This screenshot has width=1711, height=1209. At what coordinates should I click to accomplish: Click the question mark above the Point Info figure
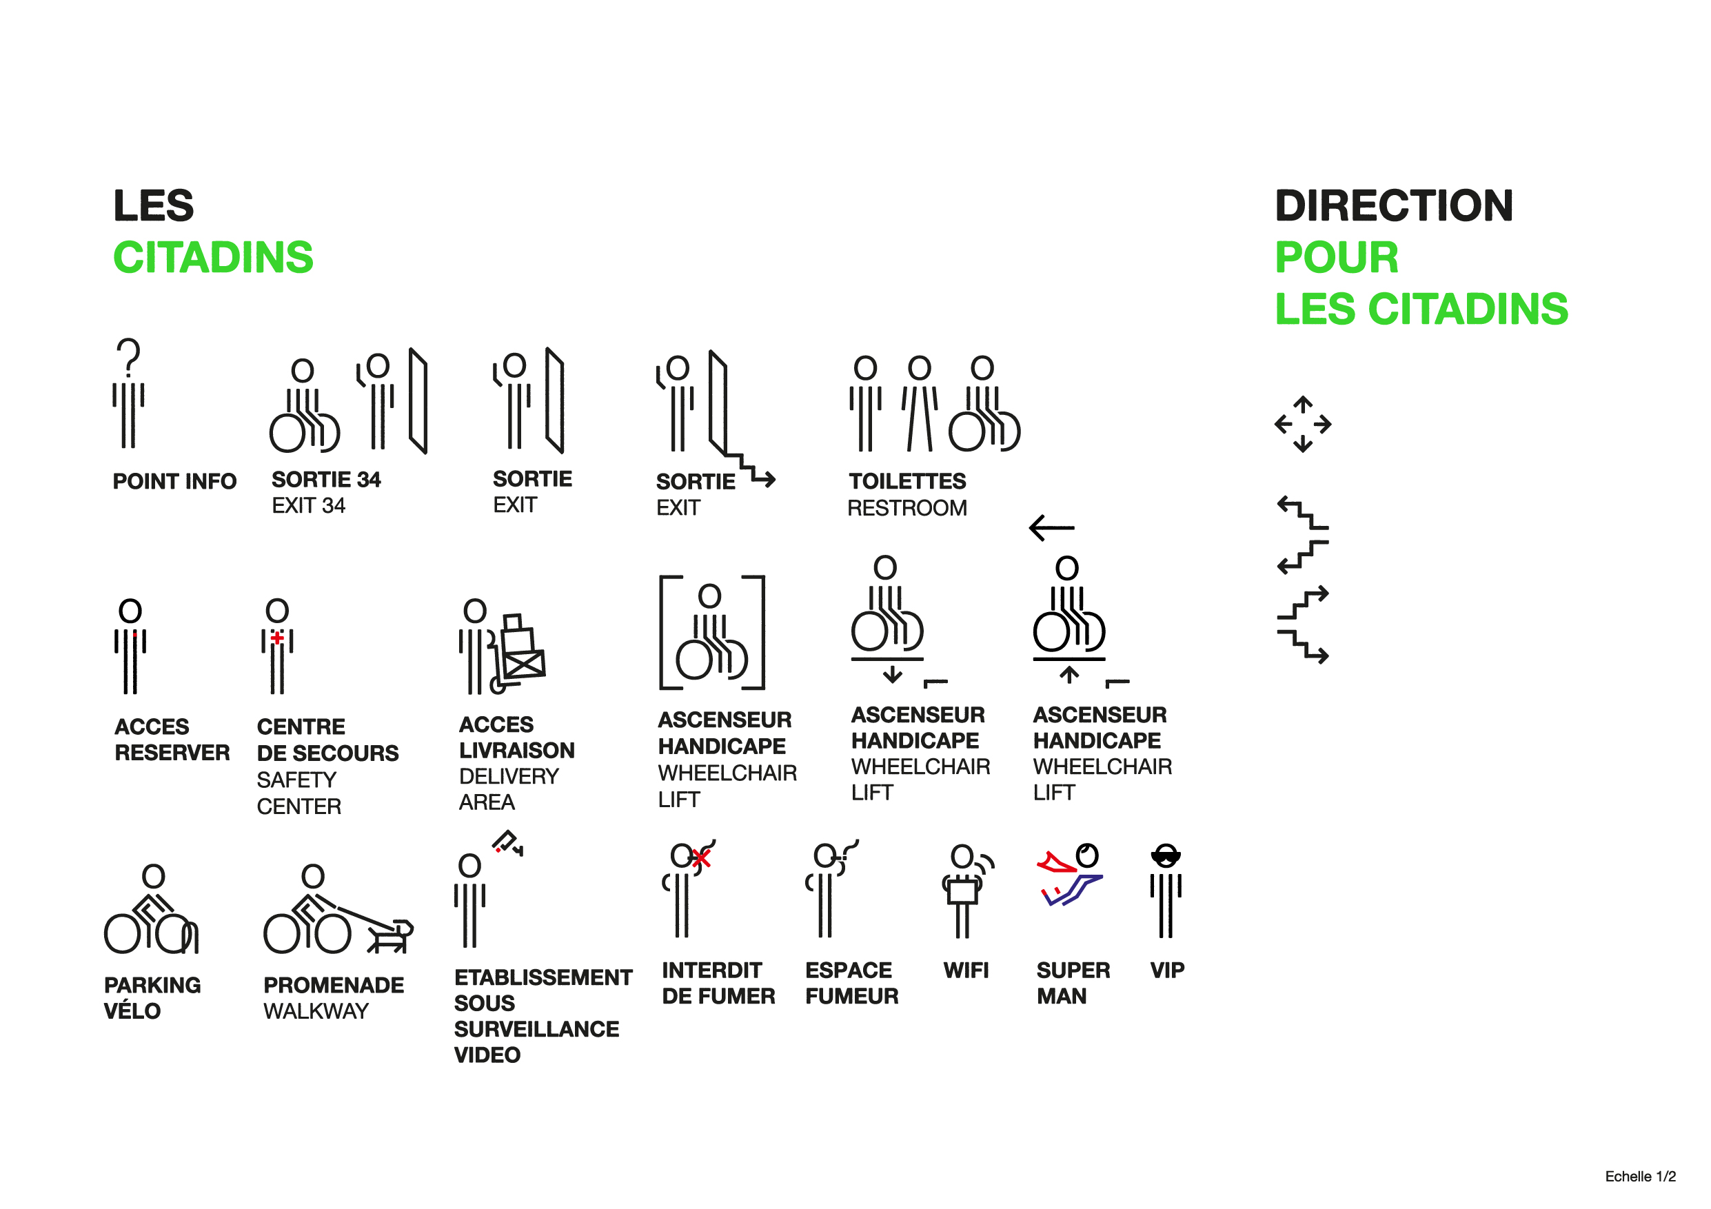tap(129, 357)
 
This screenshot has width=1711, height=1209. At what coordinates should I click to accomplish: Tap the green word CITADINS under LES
tap(213, 258)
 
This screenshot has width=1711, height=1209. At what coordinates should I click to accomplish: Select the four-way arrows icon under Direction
tap(1303, 425)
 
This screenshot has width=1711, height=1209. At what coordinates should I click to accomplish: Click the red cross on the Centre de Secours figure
tap(277, 638)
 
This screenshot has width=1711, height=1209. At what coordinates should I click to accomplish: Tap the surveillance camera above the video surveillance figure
tap(507, 843)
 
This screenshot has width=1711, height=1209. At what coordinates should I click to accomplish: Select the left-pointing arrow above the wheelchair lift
tap(1051, 528)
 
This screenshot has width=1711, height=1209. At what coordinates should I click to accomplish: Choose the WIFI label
tap(966, 971)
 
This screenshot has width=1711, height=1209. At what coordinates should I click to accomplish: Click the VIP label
tap(1167, 971)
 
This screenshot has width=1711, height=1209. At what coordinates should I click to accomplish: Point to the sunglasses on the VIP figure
tap(1166, 857)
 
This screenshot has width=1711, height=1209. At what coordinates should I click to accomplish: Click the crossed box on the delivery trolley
tap(525, 664)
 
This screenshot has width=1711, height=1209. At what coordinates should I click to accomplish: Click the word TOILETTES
tap(908, 481)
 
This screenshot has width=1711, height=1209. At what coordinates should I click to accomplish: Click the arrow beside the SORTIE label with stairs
tap(763, 479)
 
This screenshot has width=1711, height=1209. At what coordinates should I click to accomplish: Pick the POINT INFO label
tap(174, 482)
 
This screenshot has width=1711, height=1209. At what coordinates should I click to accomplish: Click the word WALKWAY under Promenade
tap(316, 1012)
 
